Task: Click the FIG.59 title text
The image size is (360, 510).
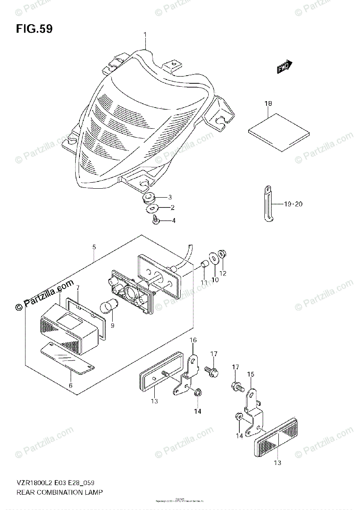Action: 34,29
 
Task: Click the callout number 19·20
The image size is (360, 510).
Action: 293,204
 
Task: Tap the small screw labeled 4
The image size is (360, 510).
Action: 156,220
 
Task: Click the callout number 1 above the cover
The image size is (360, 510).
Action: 145,34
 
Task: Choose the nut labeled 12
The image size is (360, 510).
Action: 222,254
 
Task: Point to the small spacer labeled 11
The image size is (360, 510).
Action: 203,266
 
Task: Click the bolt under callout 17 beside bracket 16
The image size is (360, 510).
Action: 212,371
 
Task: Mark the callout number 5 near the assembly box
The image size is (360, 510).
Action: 94,247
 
